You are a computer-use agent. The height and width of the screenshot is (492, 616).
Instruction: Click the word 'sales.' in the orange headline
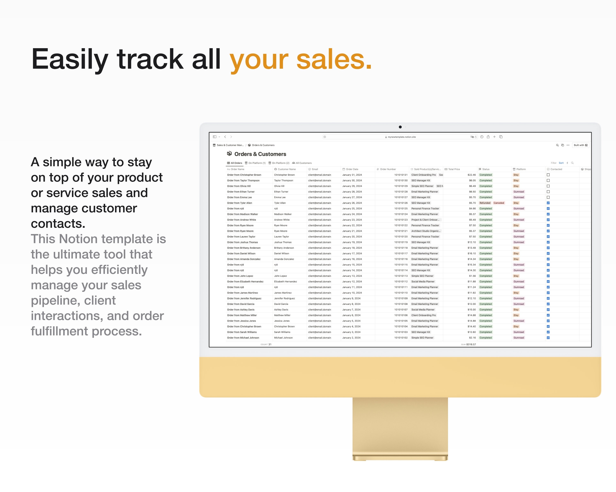[x=334, y=59]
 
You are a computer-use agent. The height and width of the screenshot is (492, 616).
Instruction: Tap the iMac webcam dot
[x=400, y=127]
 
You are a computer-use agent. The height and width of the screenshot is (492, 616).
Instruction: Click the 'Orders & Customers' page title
[x=260, y=154]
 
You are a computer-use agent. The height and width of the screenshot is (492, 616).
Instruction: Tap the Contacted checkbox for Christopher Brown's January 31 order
[x=548, y=175]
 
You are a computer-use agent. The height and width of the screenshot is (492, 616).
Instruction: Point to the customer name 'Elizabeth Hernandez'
[x=285, y=281]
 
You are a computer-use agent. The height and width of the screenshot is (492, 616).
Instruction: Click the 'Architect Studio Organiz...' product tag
[x=426, y=231]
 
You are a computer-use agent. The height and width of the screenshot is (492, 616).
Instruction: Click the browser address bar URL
[x=401, y=137]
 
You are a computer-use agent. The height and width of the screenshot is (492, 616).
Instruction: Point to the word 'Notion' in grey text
[x=77, y=239]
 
